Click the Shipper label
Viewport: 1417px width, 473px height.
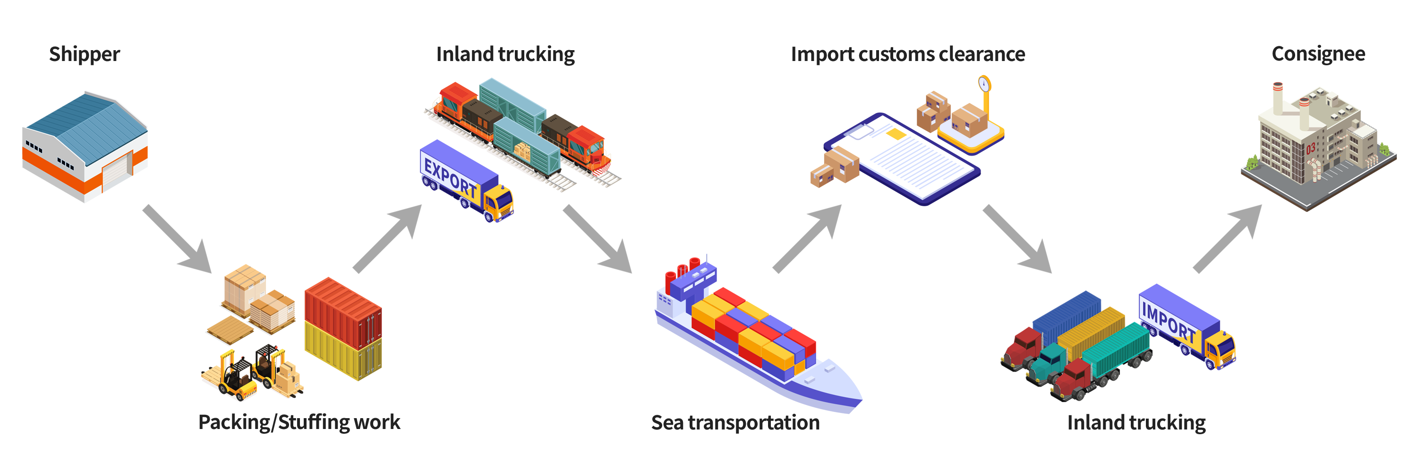(84, 54)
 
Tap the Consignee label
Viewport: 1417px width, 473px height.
(1318, 54)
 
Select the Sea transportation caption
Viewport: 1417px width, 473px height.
(735, 422)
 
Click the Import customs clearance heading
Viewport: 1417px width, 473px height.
(908, 54)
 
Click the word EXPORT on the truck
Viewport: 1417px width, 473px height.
(451, 177)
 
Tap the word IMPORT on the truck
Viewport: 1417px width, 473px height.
(1169, 322)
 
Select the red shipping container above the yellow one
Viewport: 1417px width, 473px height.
(343, 312)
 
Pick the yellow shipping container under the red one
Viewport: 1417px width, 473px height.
(343, 351)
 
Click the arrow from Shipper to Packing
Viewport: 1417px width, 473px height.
(177, 239)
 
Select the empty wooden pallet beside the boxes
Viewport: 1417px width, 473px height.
(230, 330)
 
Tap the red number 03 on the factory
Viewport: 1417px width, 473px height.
(1311, 148)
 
